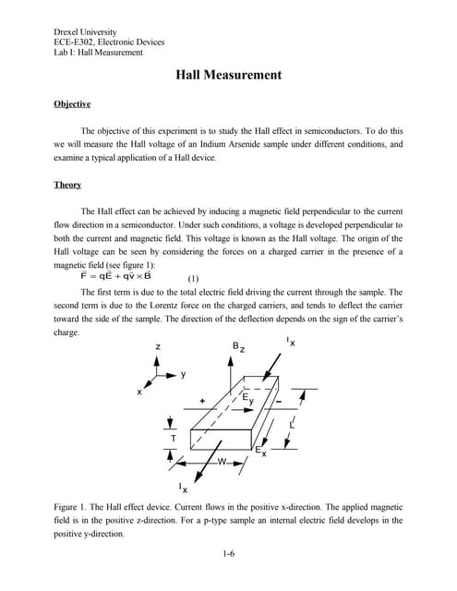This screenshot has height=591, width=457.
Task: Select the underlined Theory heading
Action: click(67, 185)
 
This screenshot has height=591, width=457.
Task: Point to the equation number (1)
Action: click(193, 277)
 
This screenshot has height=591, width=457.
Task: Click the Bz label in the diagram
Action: click(238, 347)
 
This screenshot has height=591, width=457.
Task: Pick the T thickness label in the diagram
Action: click(173, 438)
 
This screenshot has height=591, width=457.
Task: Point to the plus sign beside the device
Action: click(202, 402)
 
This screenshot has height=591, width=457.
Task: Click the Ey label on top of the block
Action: click(247, 398)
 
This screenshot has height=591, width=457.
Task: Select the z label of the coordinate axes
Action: click(158, 346)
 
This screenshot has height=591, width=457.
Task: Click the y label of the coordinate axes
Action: click(183, 374)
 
